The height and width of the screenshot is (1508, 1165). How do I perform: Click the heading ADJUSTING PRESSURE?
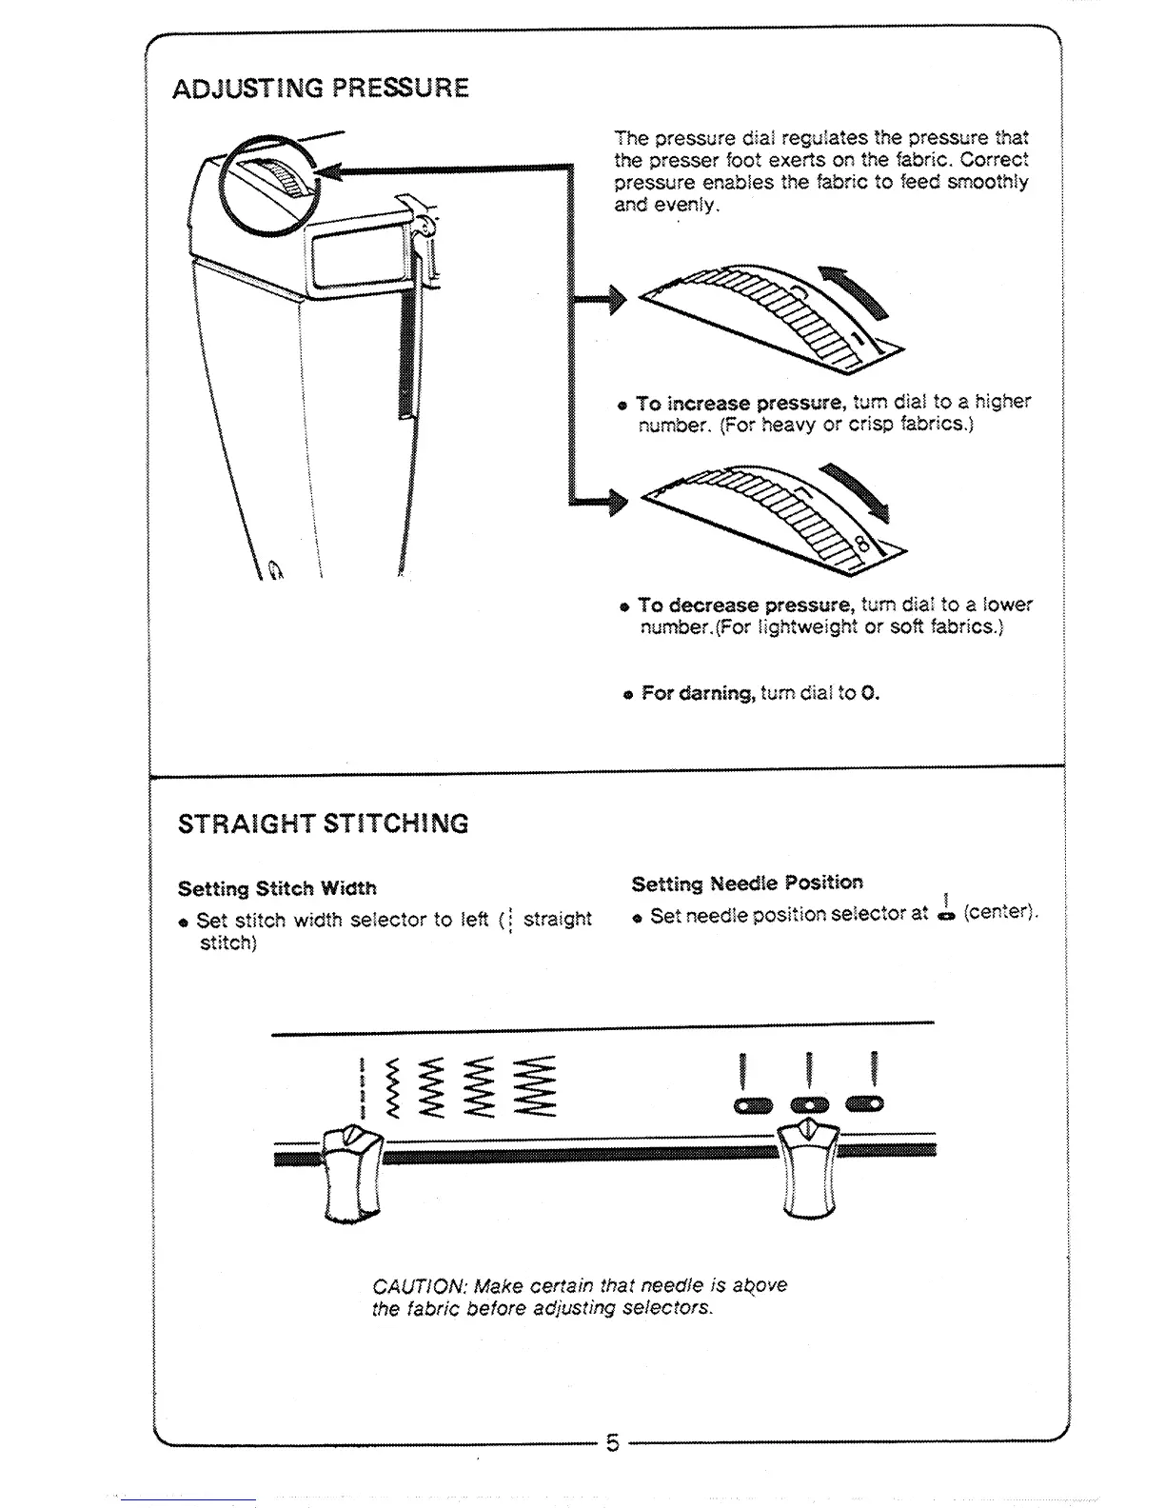pyautogui.click(x=321, y=89)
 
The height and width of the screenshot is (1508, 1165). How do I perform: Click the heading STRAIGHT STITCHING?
pyautogui.click(x=324, y=823)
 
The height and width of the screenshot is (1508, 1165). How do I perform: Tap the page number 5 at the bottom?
pyautogui.click(x=613, y=1443)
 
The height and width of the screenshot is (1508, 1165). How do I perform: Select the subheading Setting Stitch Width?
pyautogui.click(x=277, y=888)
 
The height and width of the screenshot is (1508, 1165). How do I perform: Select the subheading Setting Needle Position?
pyautogui.click(x=747, y=883)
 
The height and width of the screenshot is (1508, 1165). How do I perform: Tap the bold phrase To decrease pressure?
pyautogui.click(x=745, y=605)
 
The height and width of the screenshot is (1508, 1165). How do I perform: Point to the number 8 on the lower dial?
pyautogui.click(x=861, y=546)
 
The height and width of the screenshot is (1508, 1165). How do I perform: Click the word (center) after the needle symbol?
pyautogui.click(x=999, y=912)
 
